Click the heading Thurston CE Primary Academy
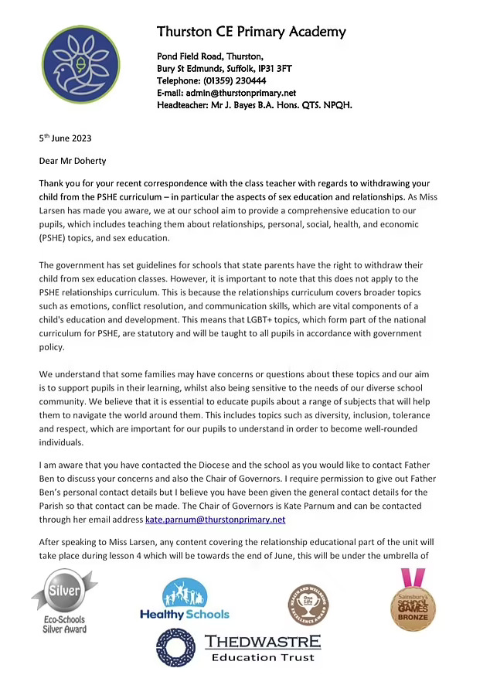pyautogui.click(x=251, y=32)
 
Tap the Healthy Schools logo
pyautogui.click(x=185, y=599)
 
